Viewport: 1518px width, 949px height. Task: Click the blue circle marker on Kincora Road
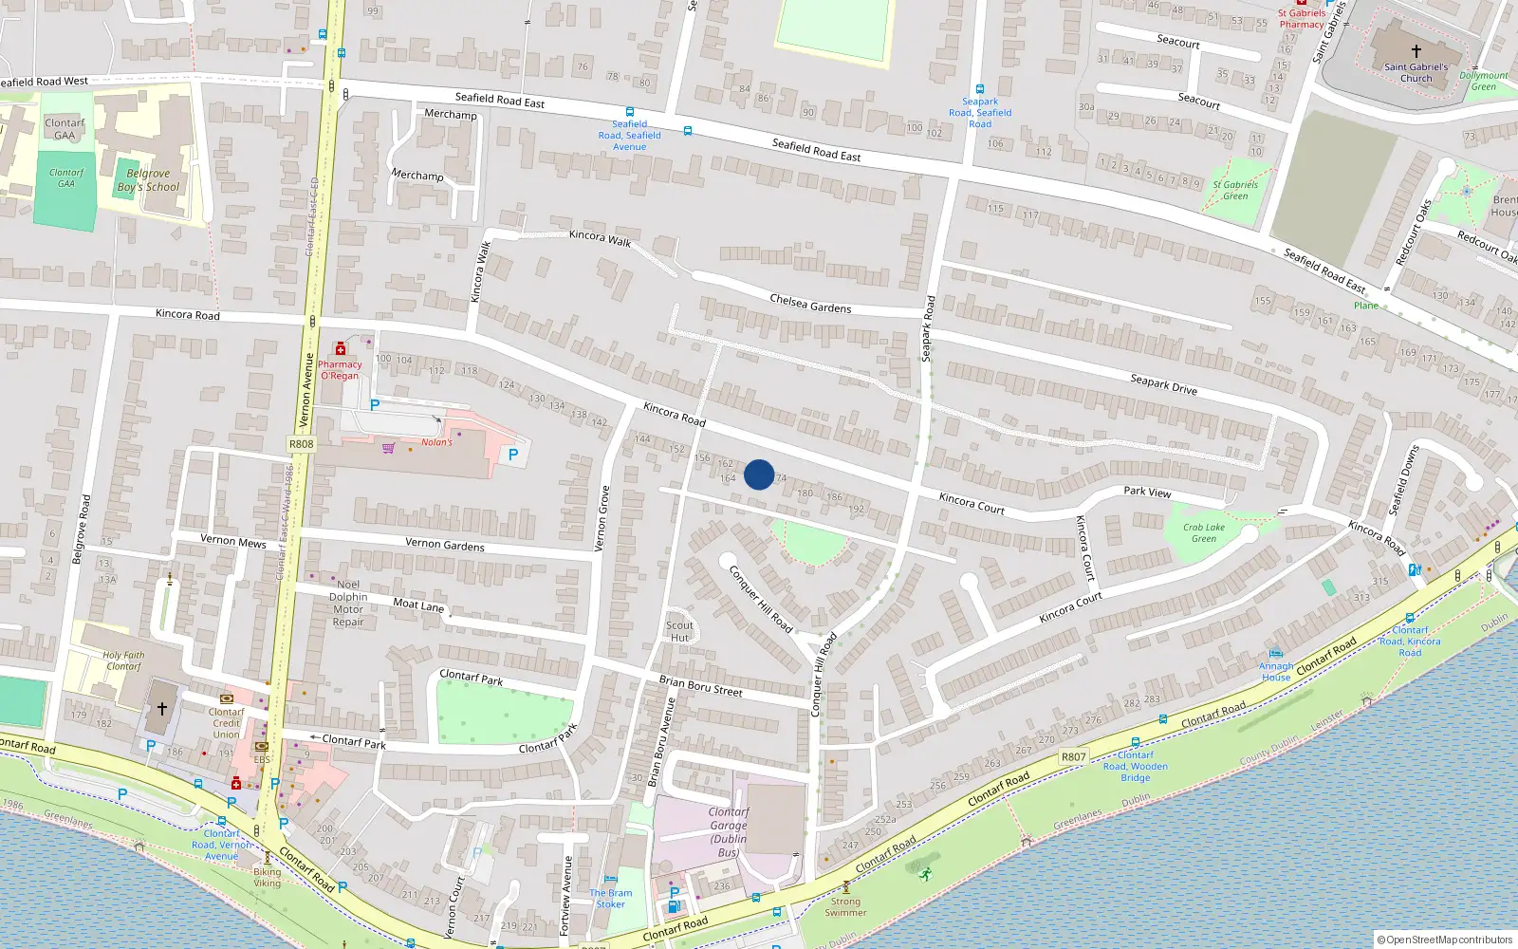[759, 474]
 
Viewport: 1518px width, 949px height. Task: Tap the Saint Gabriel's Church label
[1416, 73]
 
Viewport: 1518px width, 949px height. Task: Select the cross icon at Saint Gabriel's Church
[1416, 51]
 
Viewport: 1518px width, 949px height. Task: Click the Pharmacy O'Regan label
[340, 370]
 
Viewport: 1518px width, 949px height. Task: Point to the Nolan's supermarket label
[437, 442]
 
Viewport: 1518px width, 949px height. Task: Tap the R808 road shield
[301, 444]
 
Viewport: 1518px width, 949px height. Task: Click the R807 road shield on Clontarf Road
[1073, 756]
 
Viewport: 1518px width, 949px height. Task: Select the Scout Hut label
[679, 631]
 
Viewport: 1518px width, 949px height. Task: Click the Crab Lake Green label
[1203, 532]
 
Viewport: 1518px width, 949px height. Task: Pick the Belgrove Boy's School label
[148, 180]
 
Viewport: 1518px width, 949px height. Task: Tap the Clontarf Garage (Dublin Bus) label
[729, 832]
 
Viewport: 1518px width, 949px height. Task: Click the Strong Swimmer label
[845, 907]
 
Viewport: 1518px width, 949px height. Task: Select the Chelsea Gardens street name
[810, 304]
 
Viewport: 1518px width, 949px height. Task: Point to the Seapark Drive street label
[1163, 384]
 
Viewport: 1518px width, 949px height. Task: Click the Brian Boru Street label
[700, 686]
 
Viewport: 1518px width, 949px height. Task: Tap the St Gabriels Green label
[1235, 191]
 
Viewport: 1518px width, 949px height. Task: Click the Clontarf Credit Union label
[226, 723]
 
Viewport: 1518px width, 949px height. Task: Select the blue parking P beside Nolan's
[513, 455]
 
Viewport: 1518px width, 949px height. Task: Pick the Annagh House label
[1276, 672]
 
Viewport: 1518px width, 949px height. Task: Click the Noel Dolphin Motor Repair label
[348, 604]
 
